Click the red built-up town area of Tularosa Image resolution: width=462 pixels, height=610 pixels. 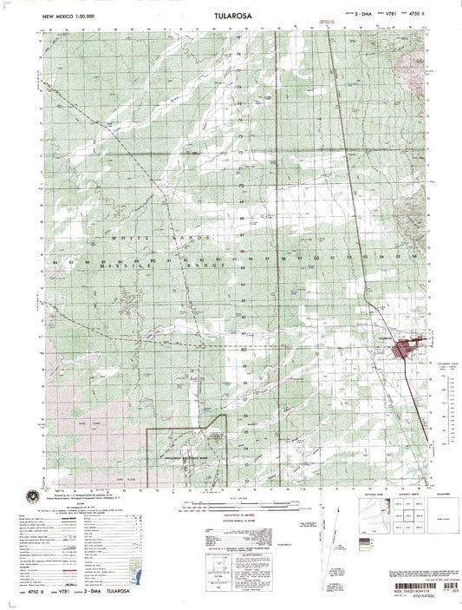[x=403, y=349]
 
